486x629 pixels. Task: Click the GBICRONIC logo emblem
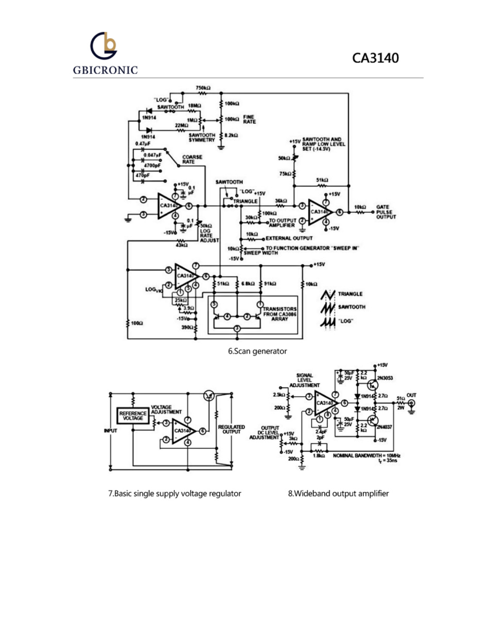click(104, 46)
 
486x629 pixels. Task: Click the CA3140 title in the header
click(375, 58)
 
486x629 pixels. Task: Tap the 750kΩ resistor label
click(203, 88)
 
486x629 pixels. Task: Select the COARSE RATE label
click(192, 160)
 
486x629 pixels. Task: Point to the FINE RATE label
click(249, 119)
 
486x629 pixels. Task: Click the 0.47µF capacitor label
click(143, 143)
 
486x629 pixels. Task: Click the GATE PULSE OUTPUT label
click(386, 212)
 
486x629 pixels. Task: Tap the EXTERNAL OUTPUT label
click(289, 238)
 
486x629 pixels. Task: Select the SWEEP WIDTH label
click(261, 253)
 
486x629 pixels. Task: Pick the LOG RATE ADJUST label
click(209, 236)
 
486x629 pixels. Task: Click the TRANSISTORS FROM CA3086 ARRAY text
click(280, 314)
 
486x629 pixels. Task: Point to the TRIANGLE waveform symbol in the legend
click(328, 294)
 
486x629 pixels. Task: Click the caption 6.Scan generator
click(257, 351)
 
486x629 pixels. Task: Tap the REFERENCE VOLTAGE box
click(133, 416)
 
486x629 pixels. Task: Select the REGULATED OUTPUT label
click(231, 429)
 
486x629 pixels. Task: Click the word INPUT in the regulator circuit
click(110, 430)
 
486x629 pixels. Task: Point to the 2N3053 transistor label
click(385, 378)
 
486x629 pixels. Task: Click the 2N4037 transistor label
click(384, 427)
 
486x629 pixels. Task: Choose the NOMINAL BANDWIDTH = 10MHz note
click(366, 456)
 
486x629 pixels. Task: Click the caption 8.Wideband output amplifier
click(338, 493)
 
